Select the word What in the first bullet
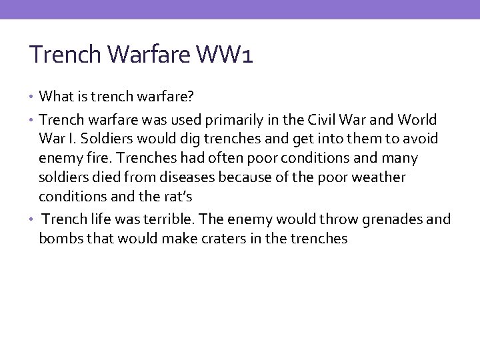(55, 98)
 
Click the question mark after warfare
(191, 98)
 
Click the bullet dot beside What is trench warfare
(33, 98)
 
